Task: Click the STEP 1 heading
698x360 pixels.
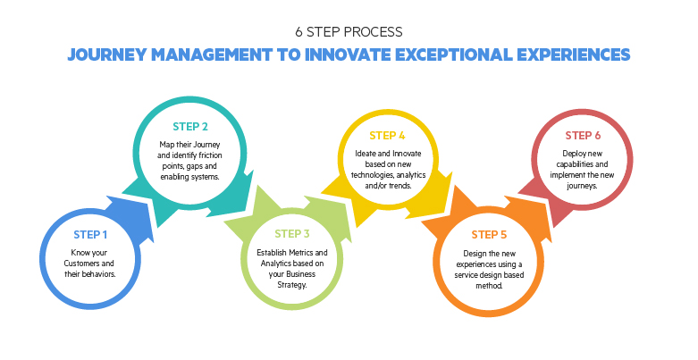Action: coord(90,235)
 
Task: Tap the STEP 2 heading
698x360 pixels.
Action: coord(190,127)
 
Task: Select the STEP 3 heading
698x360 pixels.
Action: coord(292,234)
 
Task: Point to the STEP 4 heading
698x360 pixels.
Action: coord(387,136)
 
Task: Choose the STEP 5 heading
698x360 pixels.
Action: coord(489,235)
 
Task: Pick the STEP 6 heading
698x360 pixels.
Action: coord(583,135)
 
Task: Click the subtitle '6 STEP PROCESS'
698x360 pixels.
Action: coord(349,32)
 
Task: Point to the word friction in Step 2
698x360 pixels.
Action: coord(207,155)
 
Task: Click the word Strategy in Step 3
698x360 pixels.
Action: coord(292,285)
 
